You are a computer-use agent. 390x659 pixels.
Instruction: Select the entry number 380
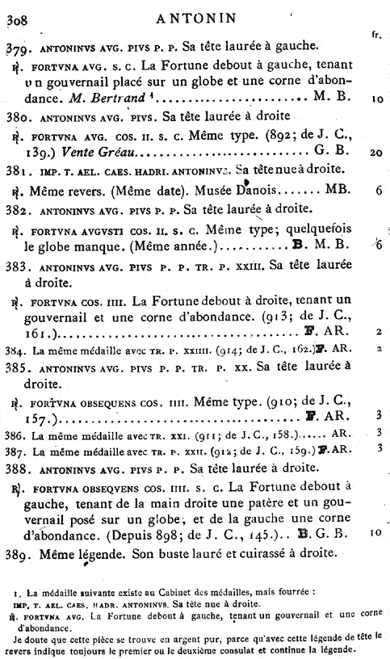[19, 115]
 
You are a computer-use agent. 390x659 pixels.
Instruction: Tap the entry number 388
[19, 468]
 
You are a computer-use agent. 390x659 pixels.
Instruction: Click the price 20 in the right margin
[378, 153]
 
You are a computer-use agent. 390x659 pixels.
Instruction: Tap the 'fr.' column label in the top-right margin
[376, 35]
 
